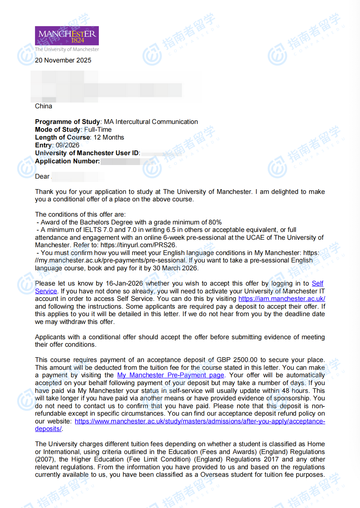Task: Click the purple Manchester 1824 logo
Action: point(67,36)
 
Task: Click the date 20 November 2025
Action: point(63,60)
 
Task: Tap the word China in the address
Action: point(43,106)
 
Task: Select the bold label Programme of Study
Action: point(67,122)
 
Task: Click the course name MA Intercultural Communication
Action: point(151,122)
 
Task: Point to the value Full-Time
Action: point(98,130)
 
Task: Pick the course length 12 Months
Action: point(109,138)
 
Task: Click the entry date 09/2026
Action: point(68,145)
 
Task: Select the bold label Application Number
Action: point(67,161)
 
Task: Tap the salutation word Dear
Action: point(42,177)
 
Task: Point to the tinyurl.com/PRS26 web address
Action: point(139,245)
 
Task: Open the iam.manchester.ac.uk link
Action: point(282,299)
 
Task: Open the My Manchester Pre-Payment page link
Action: point(170,375)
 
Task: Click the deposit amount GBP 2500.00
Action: point(237,360)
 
